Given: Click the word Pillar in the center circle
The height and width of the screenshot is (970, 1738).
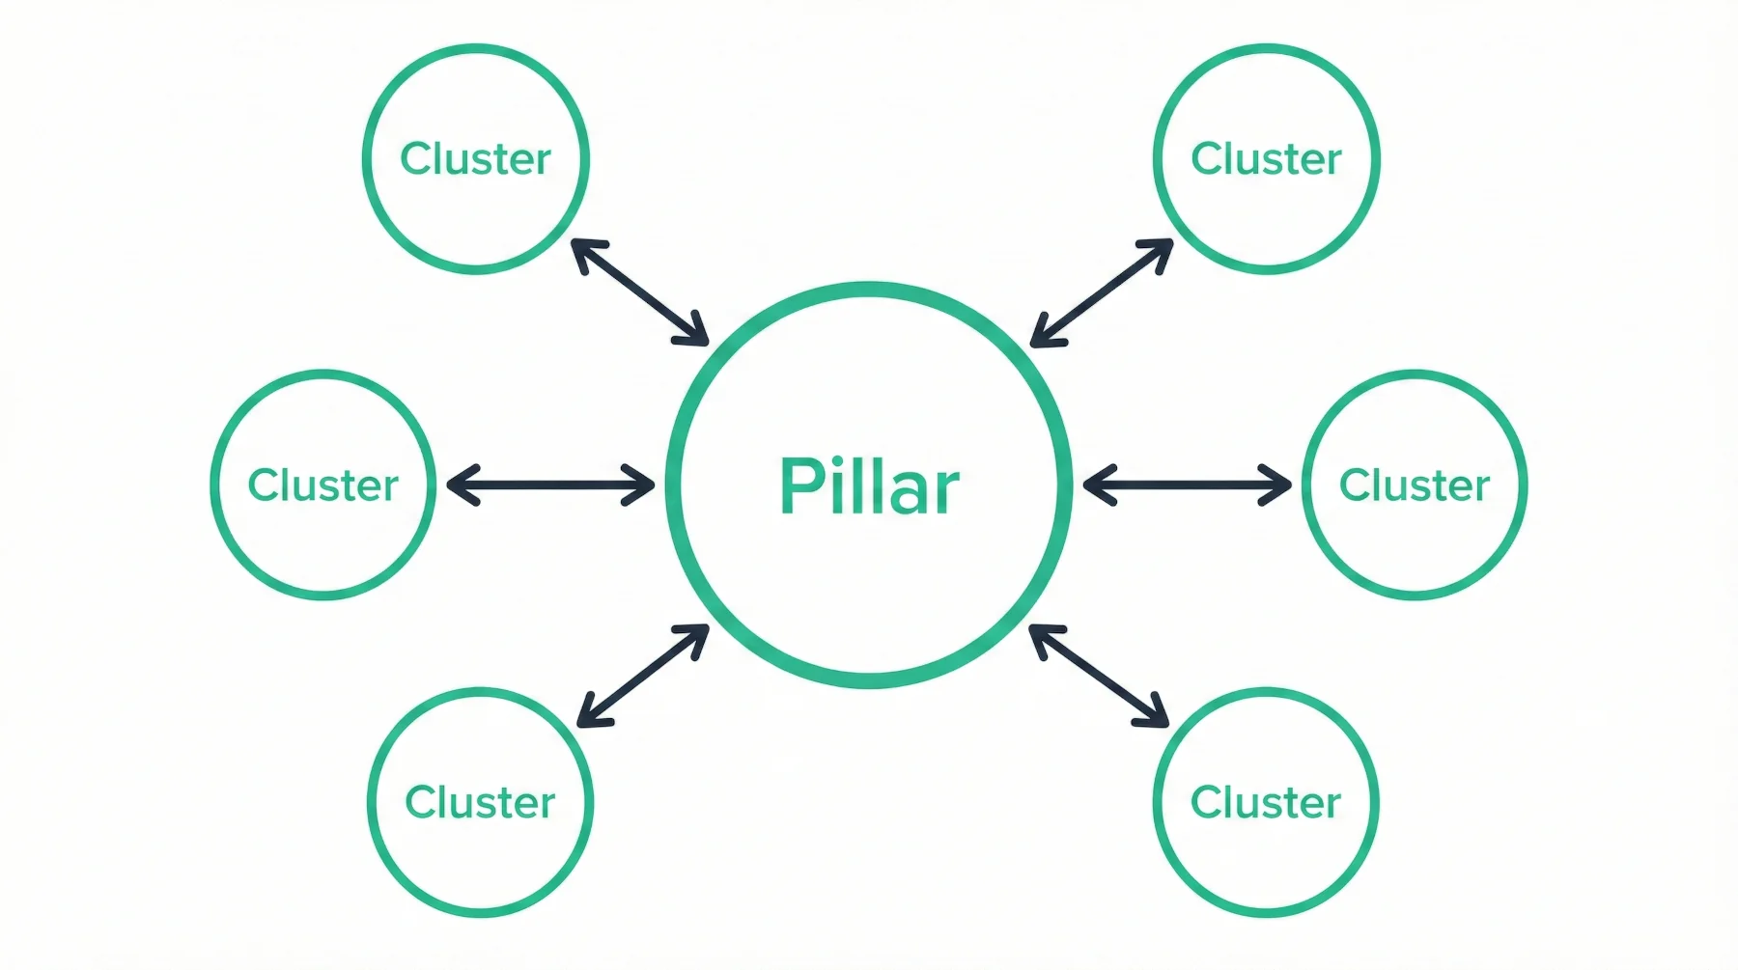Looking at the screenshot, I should click(x=869, y=485).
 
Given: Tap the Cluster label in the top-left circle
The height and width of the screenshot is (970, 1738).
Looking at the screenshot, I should click(x=475, y=159).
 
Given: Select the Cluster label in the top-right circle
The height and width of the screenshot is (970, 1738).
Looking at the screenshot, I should click(x=1266, y=159).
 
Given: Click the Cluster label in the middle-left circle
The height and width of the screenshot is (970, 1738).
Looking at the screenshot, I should click(x=322, y=485).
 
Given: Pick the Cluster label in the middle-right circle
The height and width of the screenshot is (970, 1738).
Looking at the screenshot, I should click(x=1415, y=485).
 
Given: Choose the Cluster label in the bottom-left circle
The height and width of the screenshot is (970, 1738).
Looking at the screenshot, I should click(x=480, y=803).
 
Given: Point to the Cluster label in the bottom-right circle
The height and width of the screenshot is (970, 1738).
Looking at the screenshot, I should click(x=1265, y=803).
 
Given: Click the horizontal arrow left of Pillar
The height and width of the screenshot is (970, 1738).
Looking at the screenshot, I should click(x=550, y=485).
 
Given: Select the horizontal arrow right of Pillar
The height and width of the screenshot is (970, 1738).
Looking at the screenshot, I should click(x=1187, y=485).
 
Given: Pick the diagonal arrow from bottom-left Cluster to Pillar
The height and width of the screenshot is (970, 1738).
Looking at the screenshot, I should click(x=643, y=676).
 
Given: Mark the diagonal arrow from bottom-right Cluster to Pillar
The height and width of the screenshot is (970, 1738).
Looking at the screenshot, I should click(x=1099, y=676).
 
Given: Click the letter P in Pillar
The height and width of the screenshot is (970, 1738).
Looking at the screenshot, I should click(x=798, y=485).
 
